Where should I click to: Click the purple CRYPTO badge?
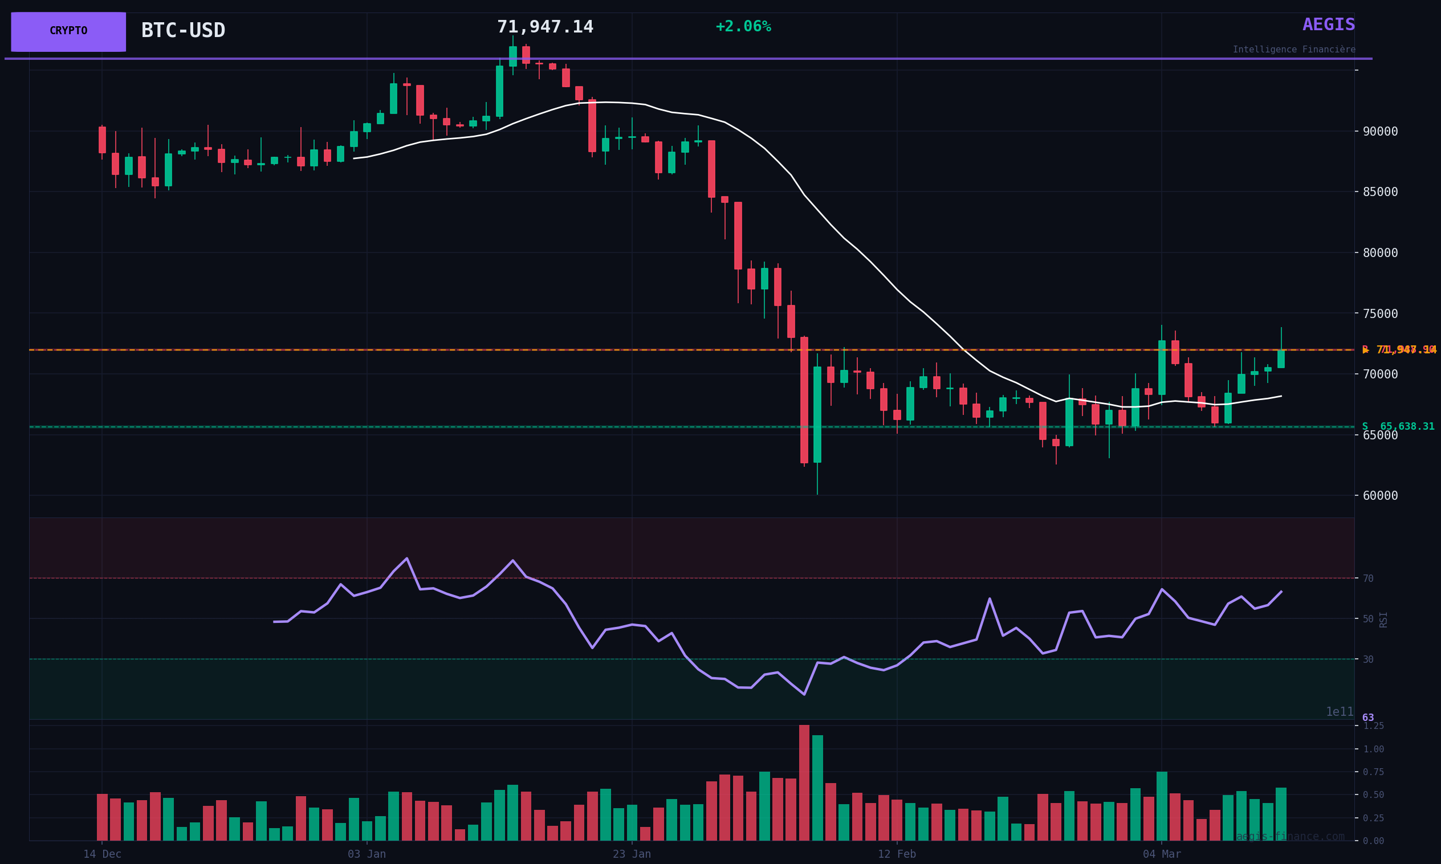pos(68,31)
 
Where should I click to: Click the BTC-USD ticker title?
pos(183,31)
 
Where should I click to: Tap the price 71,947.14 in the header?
pos(545,27)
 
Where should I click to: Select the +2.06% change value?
pos(743,27)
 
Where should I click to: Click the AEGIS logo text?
pos(1329,25)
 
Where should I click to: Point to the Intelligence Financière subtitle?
pos(1294,50)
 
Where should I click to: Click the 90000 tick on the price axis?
pos(1380,132)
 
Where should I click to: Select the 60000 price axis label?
pos(1380,496)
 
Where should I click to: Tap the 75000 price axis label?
pos(1380,314)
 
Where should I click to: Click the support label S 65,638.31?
pos(1398,427)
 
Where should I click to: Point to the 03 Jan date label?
pos(367,854)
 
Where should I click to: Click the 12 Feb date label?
pos(897,854)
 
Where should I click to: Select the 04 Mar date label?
pos(1162,854)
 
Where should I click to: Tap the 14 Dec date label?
pos(103,854)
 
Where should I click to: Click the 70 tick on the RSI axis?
pos(1368,578)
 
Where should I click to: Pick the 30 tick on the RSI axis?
pos(1368,659)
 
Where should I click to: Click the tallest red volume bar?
pos(804,783)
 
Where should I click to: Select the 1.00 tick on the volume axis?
pos(1374,749)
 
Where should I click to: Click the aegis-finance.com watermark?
pos(1290,837)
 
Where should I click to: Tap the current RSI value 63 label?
pos(1368,718)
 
